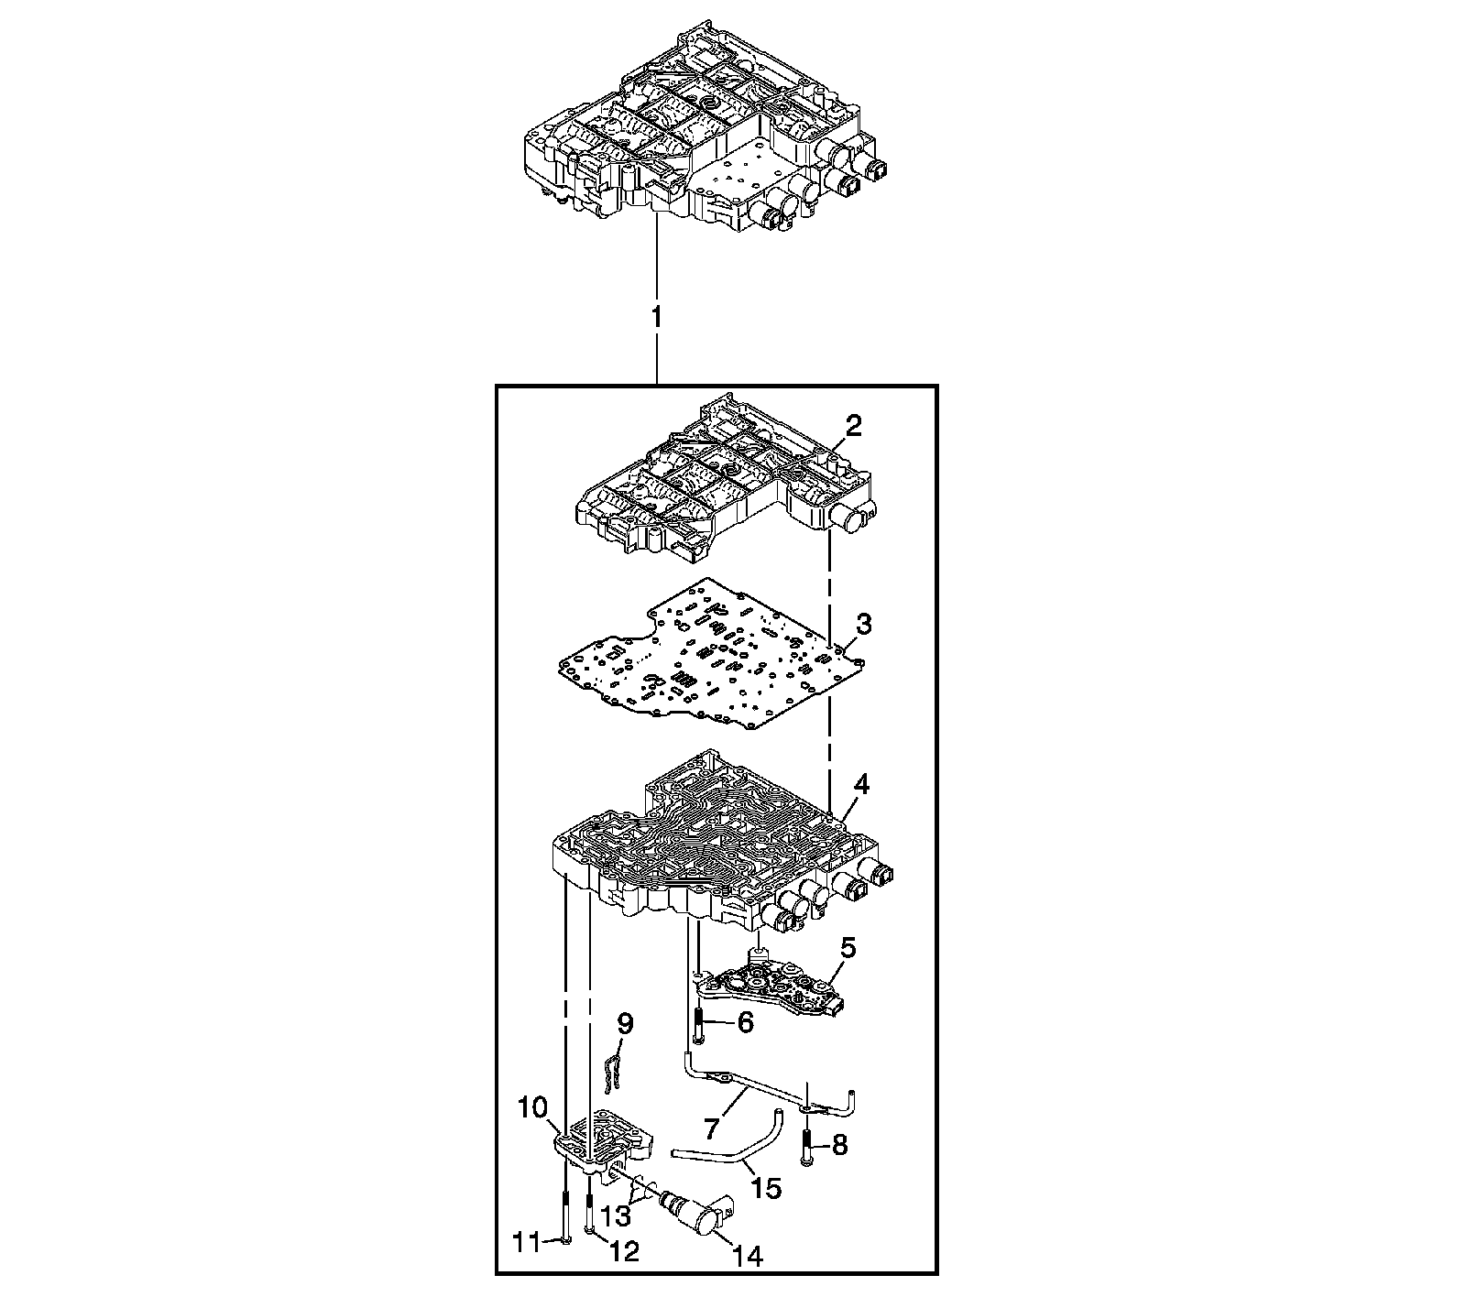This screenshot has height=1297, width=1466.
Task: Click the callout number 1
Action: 656,318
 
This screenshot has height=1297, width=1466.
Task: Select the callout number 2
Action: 853,425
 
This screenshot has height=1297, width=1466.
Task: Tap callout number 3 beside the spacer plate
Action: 863,626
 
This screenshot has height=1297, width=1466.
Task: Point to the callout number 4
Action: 860,786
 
